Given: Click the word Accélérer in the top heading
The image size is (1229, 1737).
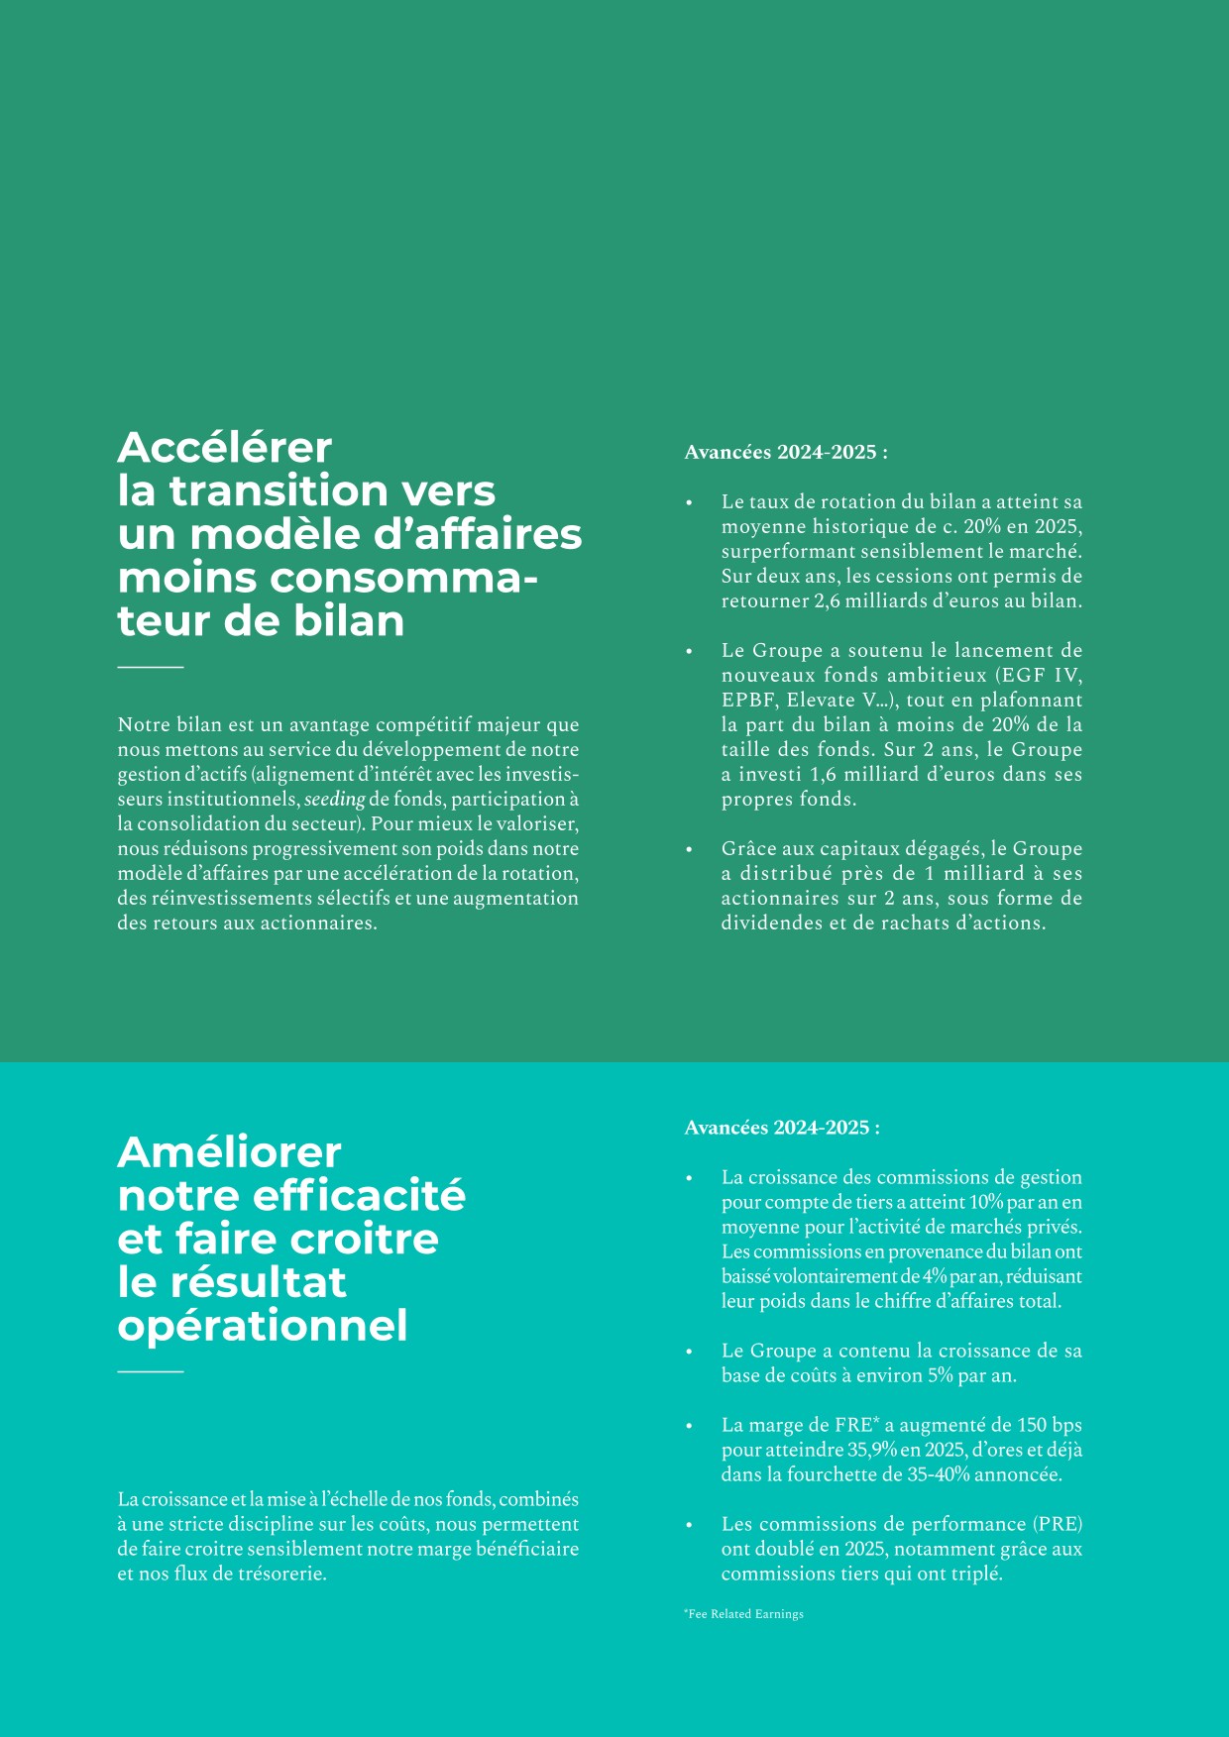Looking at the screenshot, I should coord(225,448).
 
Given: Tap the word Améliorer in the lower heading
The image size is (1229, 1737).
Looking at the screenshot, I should coord(229,1152).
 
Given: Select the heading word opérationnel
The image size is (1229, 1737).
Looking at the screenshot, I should coord(263,1326).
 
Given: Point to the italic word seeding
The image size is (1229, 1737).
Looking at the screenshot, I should coord(334,799).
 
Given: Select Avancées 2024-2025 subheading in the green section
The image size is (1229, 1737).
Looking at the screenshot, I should coord(786,452).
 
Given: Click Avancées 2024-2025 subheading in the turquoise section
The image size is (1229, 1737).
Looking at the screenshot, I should coord(782,1128).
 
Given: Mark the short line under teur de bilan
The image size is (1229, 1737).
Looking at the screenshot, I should coord(151,668).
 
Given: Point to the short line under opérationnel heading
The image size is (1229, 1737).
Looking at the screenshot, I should coord(151,1372).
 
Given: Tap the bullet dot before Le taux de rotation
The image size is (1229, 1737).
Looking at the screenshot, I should coord(689,503).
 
